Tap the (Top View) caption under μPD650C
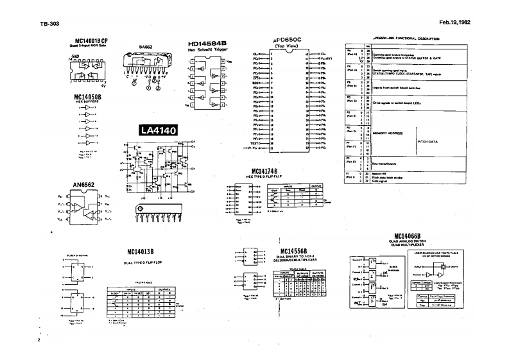[288, 47]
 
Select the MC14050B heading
[89, 98]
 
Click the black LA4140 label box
[159, 130]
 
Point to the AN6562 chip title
[84, 184]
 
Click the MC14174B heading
[268, 171]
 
